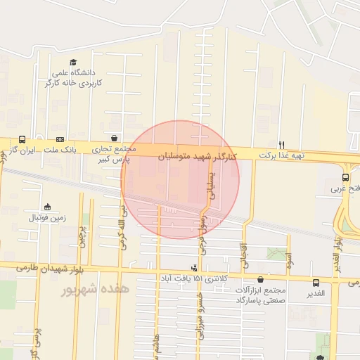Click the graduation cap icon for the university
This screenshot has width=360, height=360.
[75, 61]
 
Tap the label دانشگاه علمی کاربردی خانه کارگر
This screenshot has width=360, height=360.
[75, 78]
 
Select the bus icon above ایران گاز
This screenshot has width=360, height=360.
[22, 139]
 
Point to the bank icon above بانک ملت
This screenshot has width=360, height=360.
[60, 139]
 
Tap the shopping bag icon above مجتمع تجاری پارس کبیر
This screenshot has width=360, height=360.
[115, 138]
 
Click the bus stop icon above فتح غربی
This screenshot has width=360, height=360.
[345, 178]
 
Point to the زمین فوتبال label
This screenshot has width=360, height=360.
[47, 217]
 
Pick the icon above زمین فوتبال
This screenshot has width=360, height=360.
[47, 207]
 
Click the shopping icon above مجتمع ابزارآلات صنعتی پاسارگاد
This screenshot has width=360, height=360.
[261, 279]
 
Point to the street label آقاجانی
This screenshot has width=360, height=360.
[244, 259]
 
